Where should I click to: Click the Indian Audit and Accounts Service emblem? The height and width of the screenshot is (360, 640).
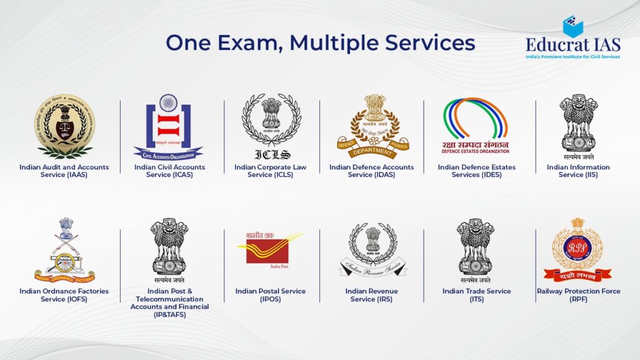pos(64,126)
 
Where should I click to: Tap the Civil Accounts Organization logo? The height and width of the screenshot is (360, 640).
pos(168,126)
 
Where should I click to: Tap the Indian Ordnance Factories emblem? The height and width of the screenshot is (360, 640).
pos(65,250)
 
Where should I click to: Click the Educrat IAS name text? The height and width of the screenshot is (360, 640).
pos(572,45)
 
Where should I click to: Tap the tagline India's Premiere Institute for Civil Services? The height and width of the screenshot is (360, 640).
pos(572,57)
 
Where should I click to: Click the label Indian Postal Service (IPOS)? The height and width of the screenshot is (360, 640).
pos(271,295)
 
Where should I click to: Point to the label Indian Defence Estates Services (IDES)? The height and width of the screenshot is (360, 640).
pos(477,171)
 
